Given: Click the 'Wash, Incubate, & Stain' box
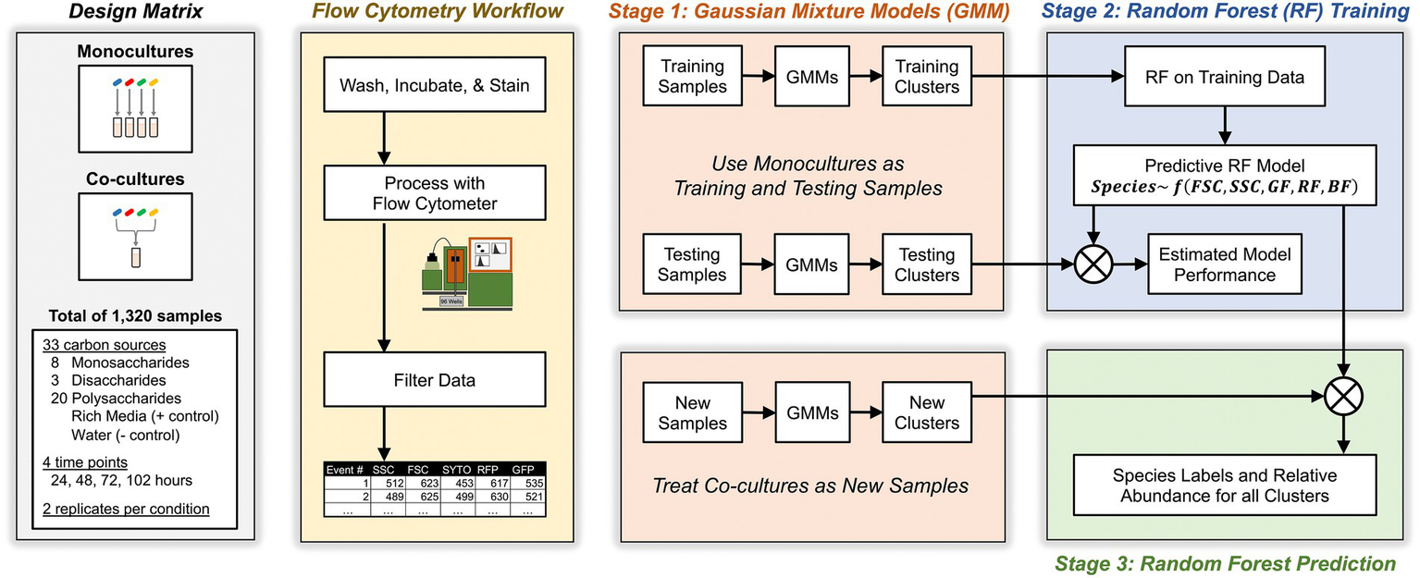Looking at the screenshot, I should [x=435, y=86].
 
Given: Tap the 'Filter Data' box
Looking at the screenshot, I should [x=435, y=380].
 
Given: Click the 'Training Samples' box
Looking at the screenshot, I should [x=693, y=78].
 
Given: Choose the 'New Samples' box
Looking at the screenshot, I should [x=693, y=413].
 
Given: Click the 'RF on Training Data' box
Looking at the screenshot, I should [x=1226, y=78].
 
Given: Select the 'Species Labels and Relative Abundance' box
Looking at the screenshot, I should [x=1226, y=486].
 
